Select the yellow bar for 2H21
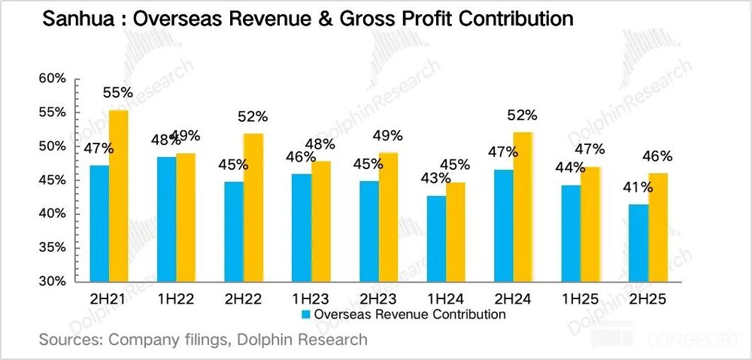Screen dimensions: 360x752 coord(119,195)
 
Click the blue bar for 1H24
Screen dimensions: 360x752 coord(435,238)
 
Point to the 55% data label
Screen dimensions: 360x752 coord(117,93)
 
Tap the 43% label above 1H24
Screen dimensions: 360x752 coord(435,179)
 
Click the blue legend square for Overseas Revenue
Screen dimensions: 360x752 coord(305,314)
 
